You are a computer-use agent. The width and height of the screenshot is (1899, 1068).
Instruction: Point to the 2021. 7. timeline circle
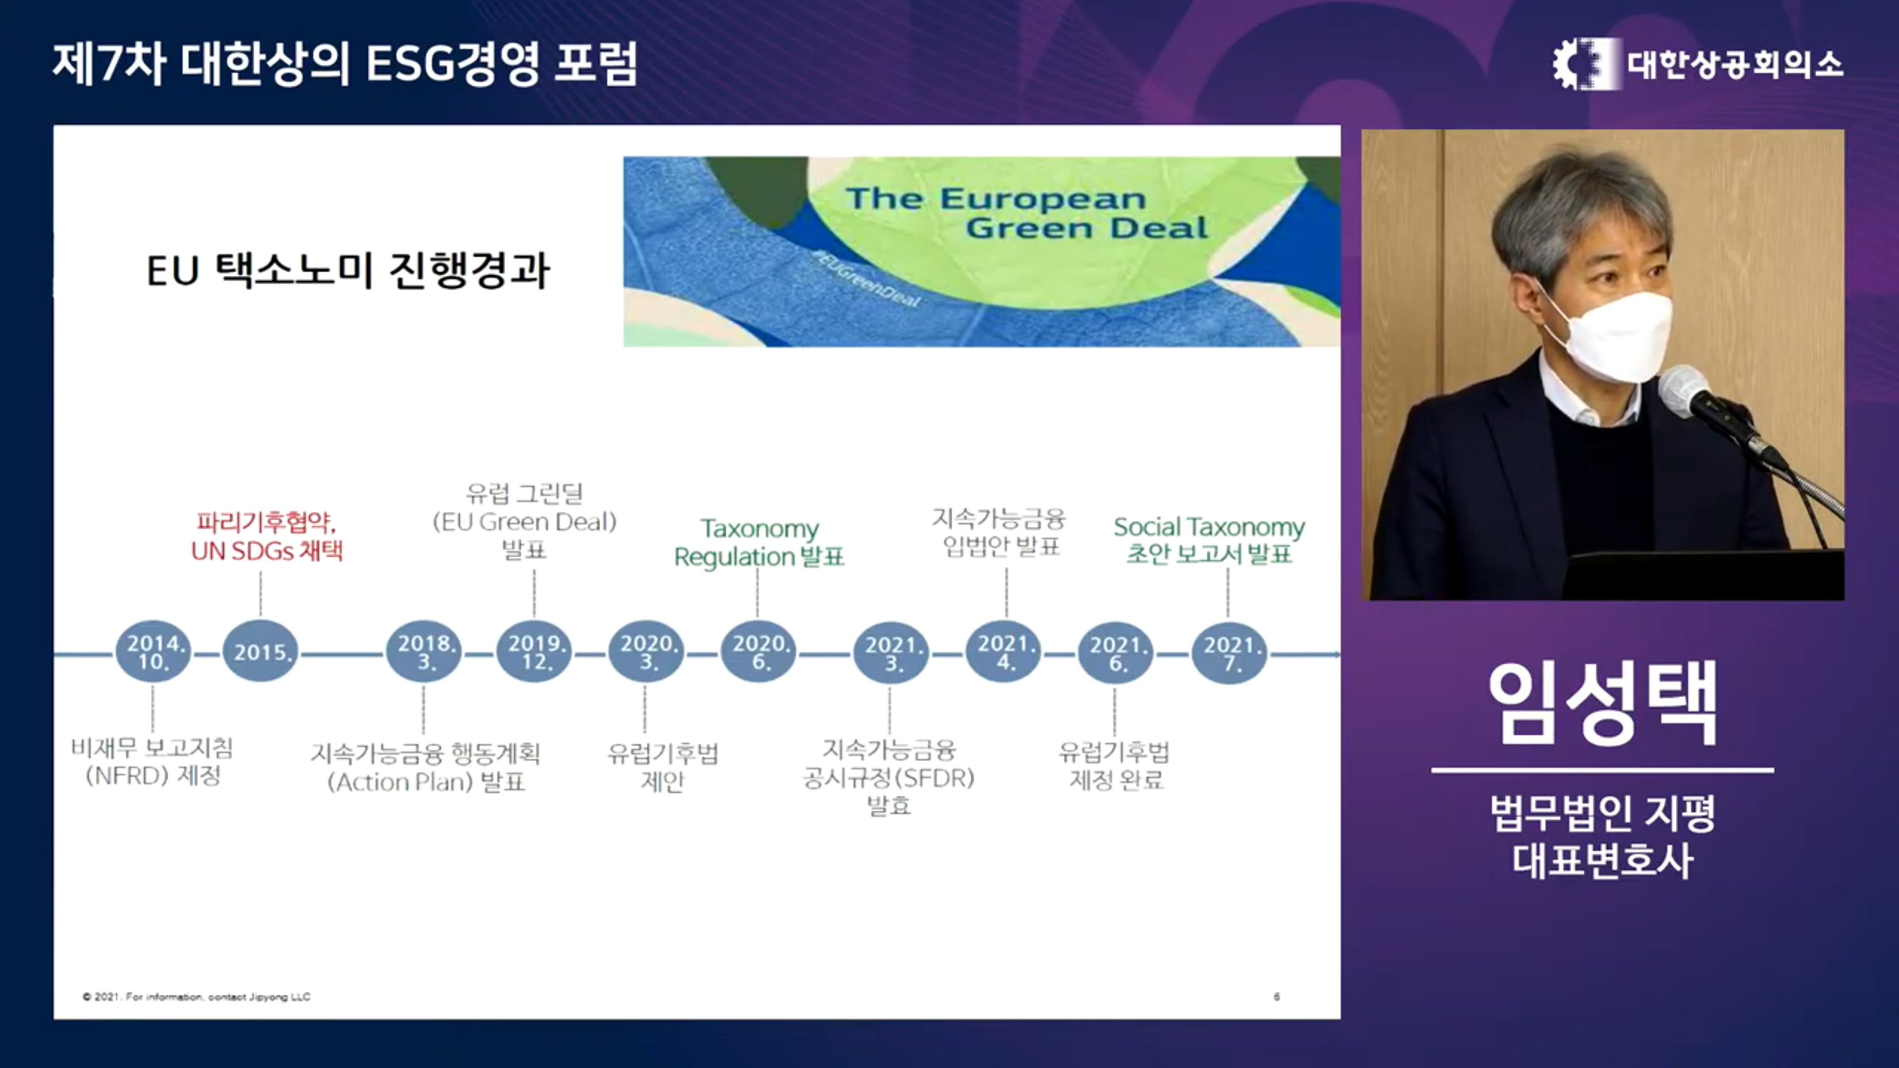(1229, 653)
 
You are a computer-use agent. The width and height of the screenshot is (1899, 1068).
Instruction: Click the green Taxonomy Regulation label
(759, 543)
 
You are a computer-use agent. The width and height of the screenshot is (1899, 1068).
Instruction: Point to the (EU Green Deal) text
(524, 522)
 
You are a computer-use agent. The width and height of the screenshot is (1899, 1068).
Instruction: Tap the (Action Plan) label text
(401, 782)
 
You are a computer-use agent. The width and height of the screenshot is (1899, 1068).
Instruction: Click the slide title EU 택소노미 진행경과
(348, 270)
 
